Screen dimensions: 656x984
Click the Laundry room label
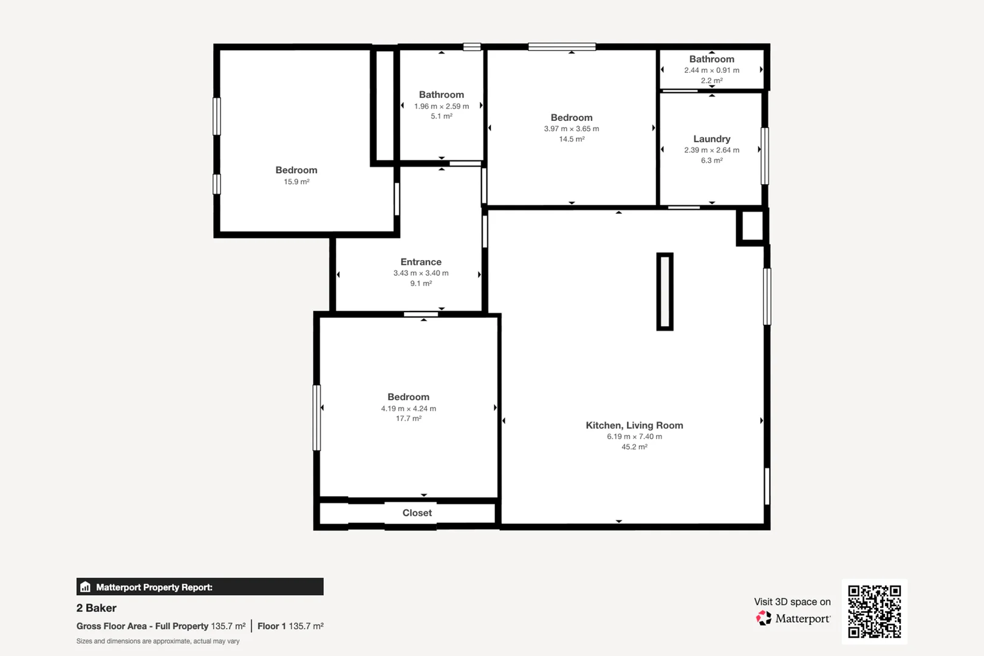click(711, 139)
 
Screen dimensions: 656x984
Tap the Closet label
click(417, 513)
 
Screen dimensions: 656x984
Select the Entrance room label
click(420, 262)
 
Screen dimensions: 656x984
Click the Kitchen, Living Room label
click(634, 425)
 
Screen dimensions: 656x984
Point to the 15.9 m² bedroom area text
click(296, 182)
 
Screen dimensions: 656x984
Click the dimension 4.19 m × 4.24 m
click(408, 408)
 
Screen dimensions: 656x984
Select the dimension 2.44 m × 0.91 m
click(711, 70)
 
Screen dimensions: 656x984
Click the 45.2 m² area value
click(634, 446)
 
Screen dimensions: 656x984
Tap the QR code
click(874, 611)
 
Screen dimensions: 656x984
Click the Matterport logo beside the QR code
click(764, 618)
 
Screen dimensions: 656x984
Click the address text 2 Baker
click(97, 608)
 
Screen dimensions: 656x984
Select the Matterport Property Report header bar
click(200, 587)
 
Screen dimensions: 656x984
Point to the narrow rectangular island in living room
click(665, 292)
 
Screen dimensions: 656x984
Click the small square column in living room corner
click(752, 226)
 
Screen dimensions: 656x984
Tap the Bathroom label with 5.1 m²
click(441, 95)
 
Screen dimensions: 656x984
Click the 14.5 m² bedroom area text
click(572, 139)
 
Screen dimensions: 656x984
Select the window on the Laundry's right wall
click(765, 155)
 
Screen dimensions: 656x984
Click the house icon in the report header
click(86, 587)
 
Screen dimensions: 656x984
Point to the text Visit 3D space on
click(792, 601)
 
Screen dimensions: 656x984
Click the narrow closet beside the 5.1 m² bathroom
click(384, 105)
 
